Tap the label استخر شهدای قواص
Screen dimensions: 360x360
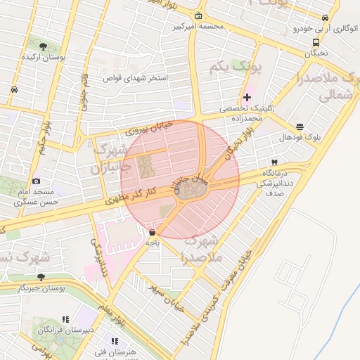click(138, 78)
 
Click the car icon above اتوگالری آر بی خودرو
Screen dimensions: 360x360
click(325, 18)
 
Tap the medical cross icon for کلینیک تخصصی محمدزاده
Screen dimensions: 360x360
click(247, 97)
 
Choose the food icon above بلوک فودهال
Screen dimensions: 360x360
click(300, 127)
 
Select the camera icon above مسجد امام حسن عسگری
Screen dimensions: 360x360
click(37, 181)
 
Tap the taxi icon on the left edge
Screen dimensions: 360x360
click(14, 90)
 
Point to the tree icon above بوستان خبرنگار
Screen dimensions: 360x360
click(41, 277)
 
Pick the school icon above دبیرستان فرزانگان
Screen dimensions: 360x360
click(66, 319)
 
